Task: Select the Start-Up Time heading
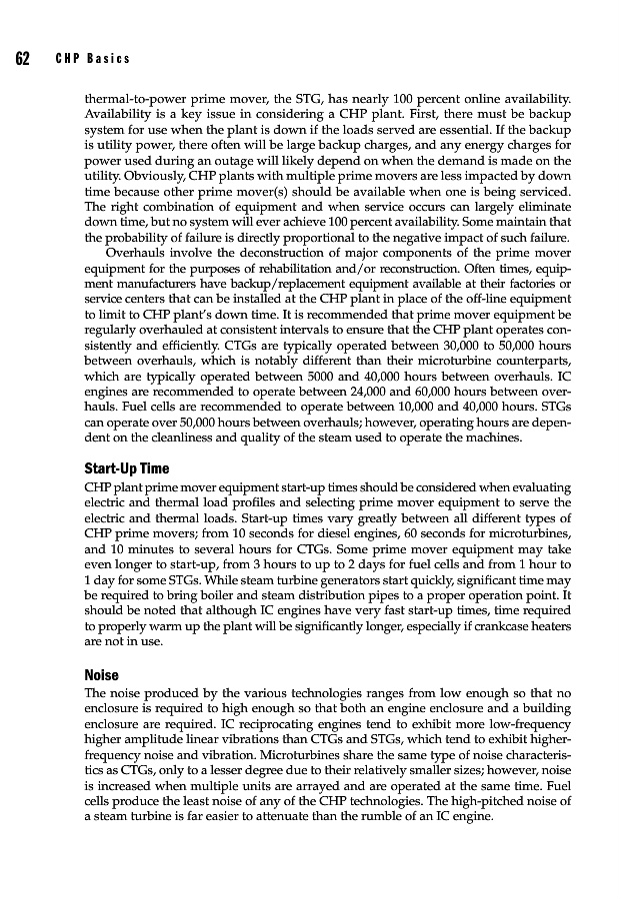(x=127, y=468)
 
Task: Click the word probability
(x=135, y=238)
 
